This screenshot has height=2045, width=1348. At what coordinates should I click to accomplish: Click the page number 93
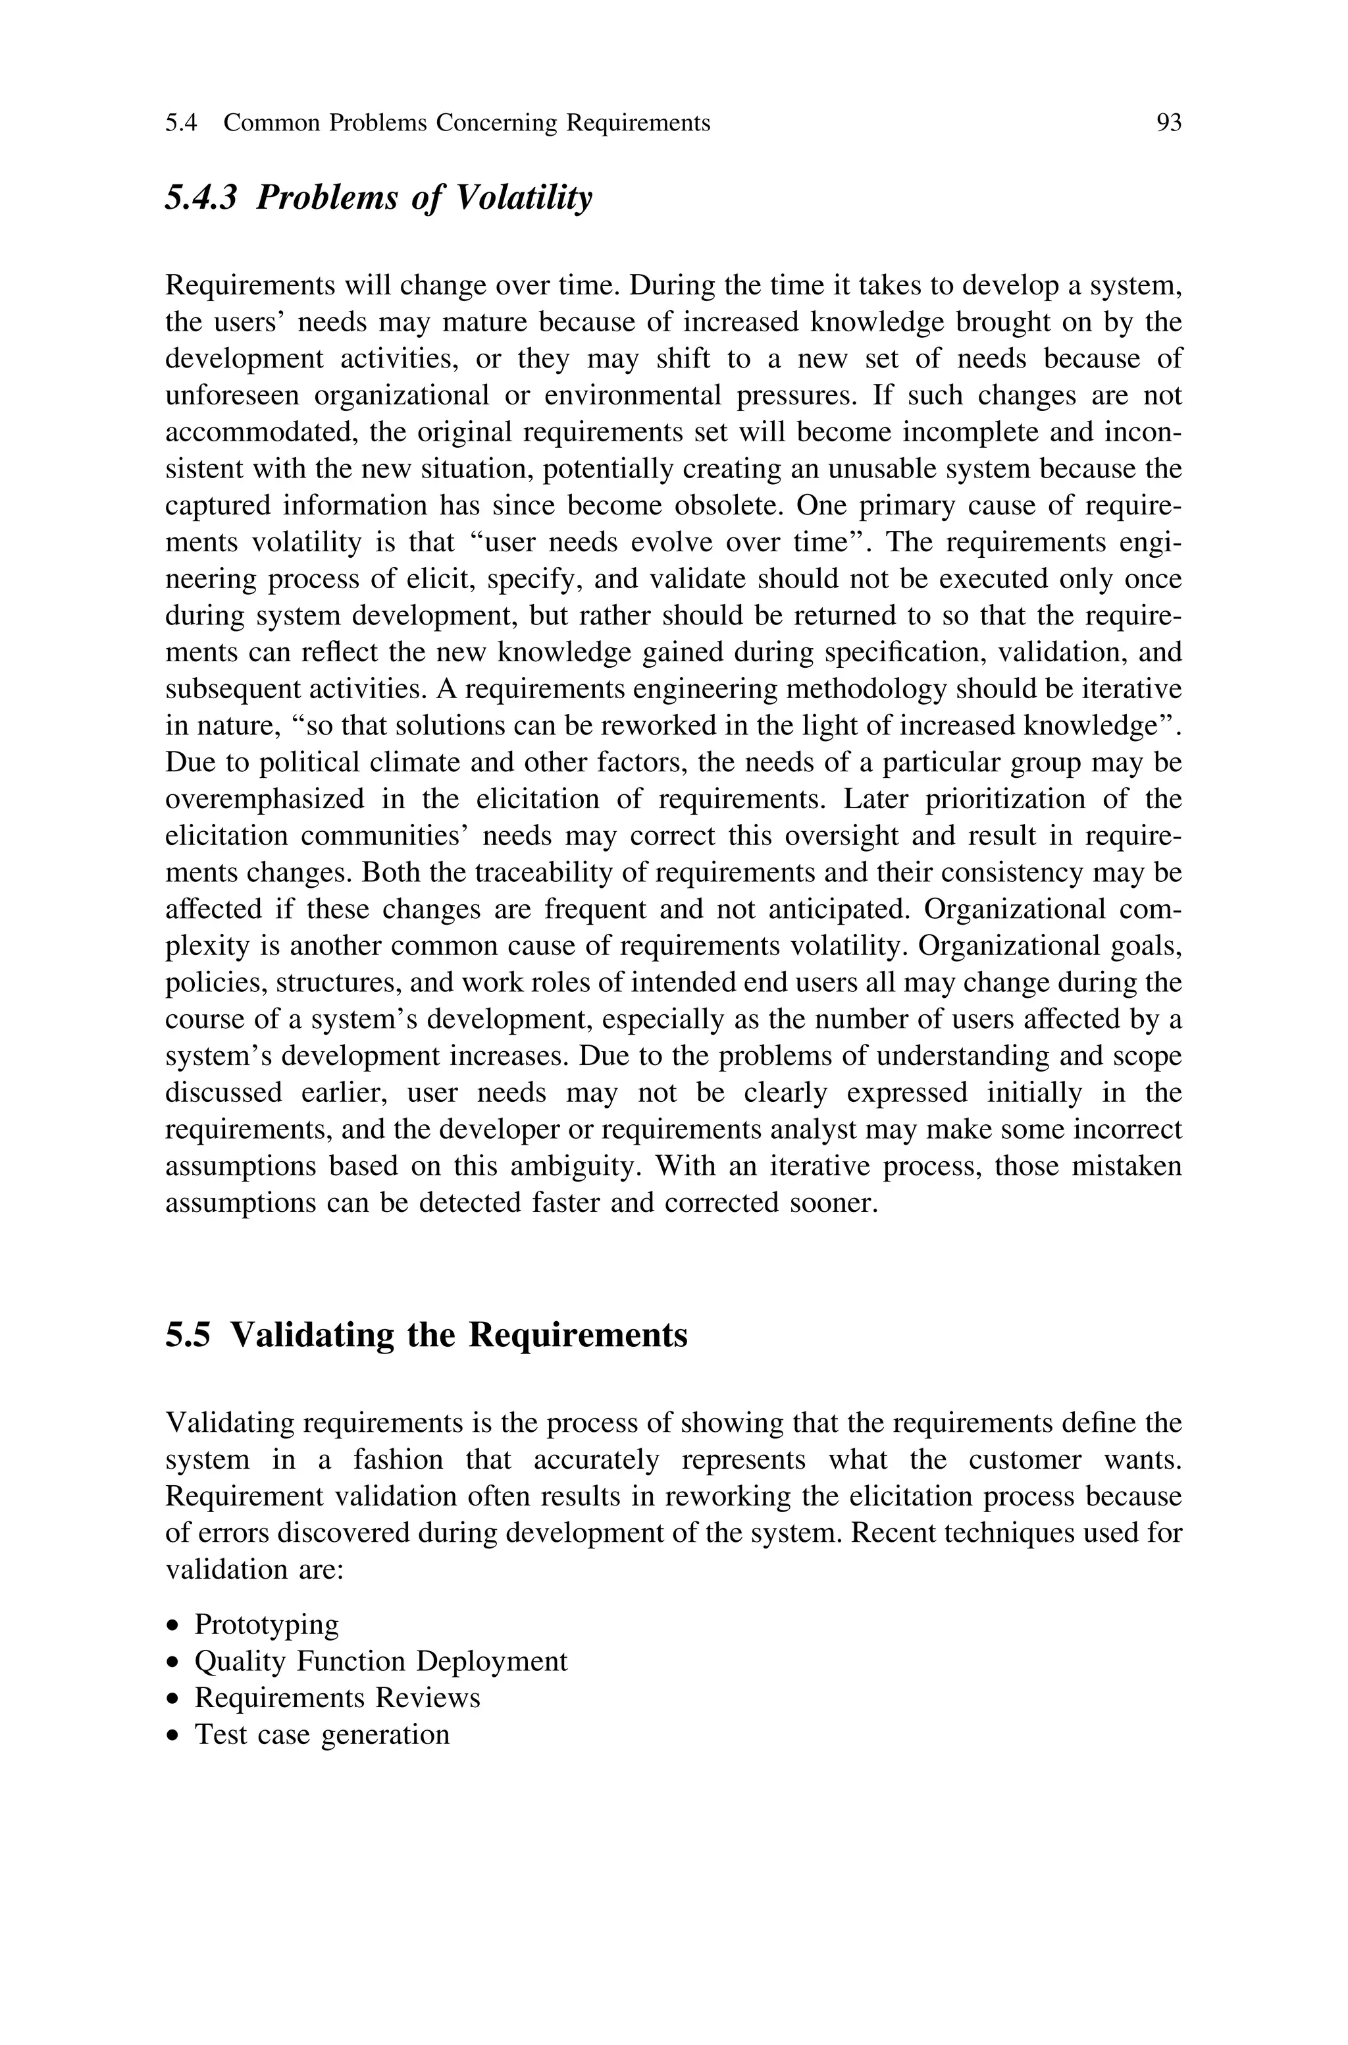1168,124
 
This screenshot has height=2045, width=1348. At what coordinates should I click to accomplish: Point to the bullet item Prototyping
267,1625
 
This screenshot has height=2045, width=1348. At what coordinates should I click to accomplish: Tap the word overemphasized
265,799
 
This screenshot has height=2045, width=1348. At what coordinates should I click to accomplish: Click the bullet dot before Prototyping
174,1626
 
